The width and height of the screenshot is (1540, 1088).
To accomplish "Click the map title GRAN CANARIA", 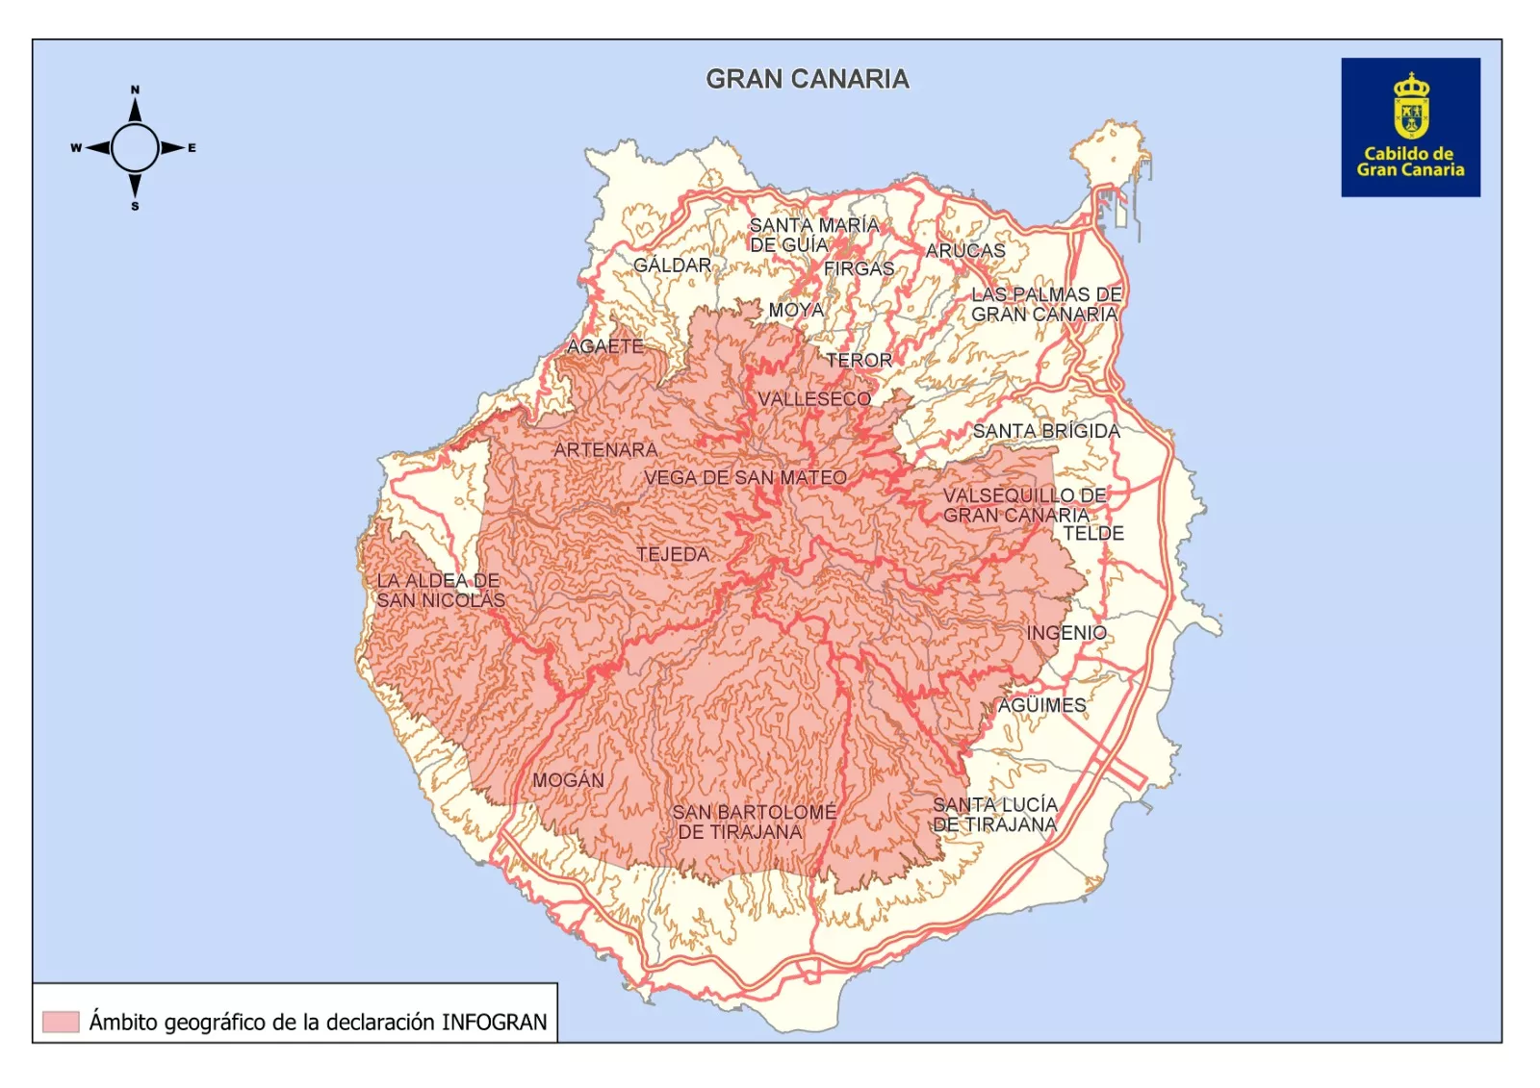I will [807, 79].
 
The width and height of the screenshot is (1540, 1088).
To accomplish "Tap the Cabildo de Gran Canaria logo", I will [1409, 127].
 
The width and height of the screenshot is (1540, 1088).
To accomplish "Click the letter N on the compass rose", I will [135, 89].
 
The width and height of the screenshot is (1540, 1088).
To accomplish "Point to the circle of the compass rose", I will [135, 148].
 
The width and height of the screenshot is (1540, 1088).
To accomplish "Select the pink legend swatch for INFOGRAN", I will [61, 1022].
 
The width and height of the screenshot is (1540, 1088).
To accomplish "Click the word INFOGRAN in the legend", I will [494, 1022].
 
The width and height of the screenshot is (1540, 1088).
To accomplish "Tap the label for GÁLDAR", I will [672, 265].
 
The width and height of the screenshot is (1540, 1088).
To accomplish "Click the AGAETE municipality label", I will [604, 345].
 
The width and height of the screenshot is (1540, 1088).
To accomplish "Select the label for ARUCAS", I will [964, 250].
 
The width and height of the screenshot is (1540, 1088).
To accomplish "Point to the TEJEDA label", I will [673, 554].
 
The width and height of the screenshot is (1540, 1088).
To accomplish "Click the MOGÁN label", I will [568, 780].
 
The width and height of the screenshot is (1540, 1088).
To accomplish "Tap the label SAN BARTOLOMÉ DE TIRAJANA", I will [753, 822].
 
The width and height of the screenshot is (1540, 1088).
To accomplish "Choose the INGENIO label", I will [1065, 633].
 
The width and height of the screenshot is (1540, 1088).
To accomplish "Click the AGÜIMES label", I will [1040, 705].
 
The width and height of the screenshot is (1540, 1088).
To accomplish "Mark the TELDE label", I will [1092, 533].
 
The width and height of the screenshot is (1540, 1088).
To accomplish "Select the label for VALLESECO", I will [813, 398].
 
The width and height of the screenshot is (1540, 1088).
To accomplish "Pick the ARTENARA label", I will [605, 449].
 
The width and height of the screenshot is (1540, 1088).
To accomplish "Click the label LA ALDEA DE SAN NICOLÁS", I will [439, 591].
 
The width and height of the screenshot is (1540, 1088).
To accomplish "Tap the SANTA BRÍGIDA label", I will [1045, 431].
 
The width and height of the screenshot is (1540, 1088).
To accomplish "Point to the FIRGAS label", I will [859, 269].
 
